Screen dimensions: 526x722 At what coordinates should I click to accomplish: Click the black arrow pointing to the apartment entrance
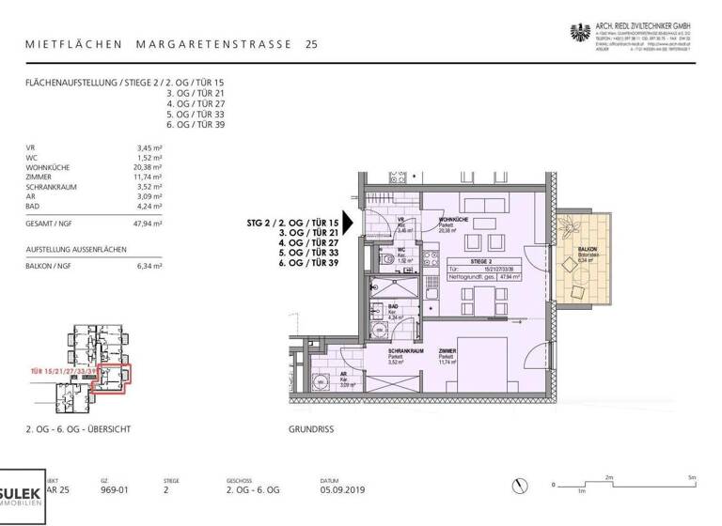tap(349, 224)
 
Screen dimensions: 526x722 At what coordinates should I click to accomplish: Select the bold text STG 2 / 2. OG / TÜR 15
tap(292, 224)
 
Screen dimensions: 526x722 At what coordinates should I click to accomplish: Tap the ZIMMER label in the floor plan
tap(447, 351)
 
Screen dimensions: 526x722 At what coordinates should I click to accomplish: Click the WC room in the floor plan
tap(399, 255)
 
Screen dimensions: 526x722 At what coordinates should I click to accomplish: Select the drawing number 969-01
tap(114, 489)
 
